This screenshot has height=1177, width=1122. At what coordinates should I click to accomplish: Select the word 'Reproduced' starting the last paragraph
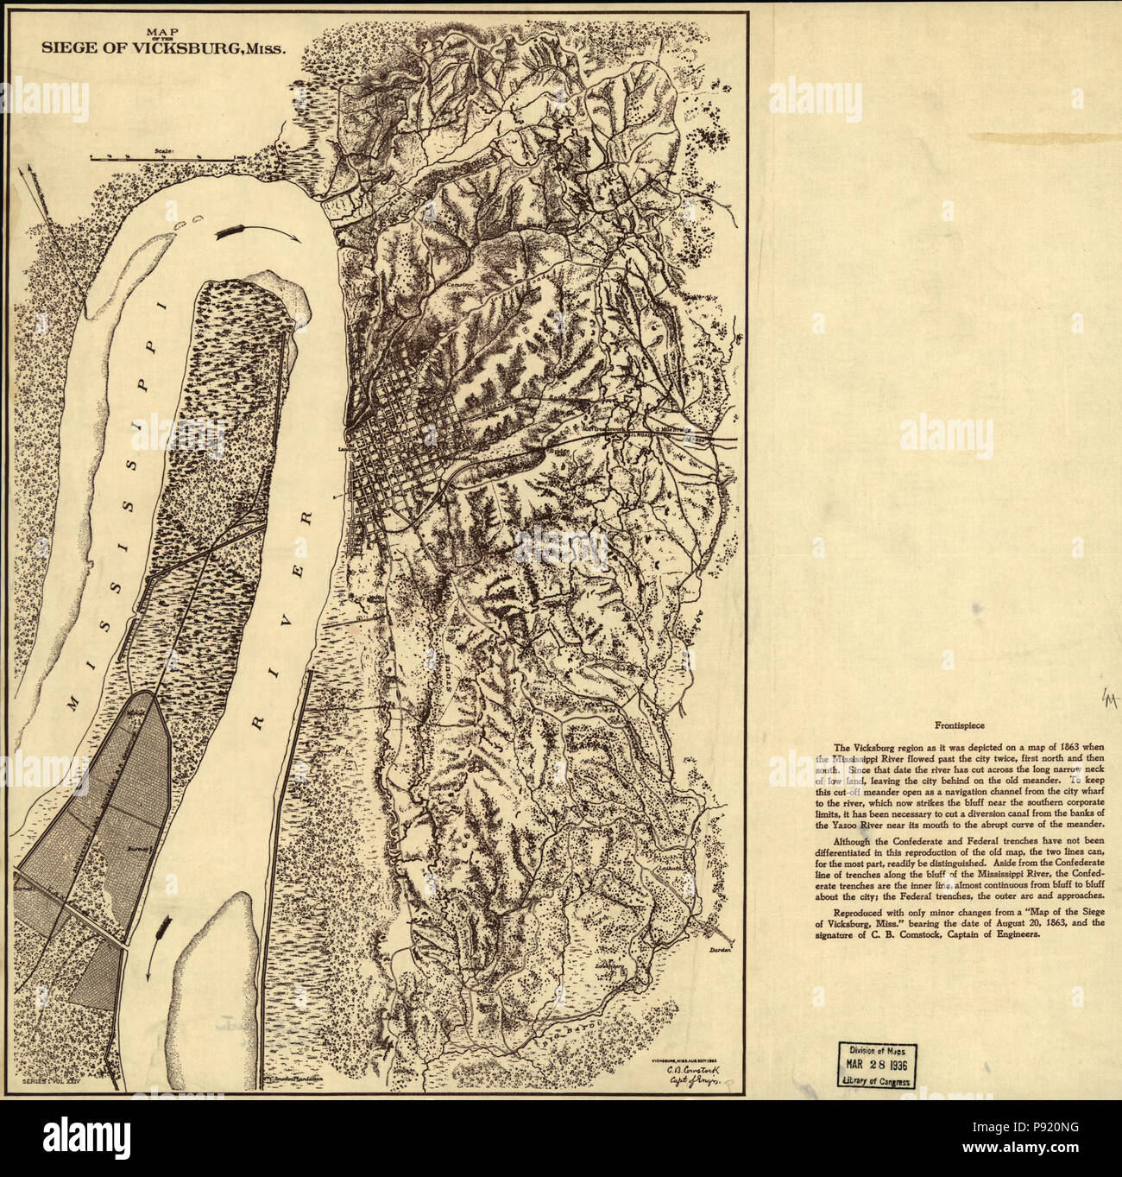tap(859, 913)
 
